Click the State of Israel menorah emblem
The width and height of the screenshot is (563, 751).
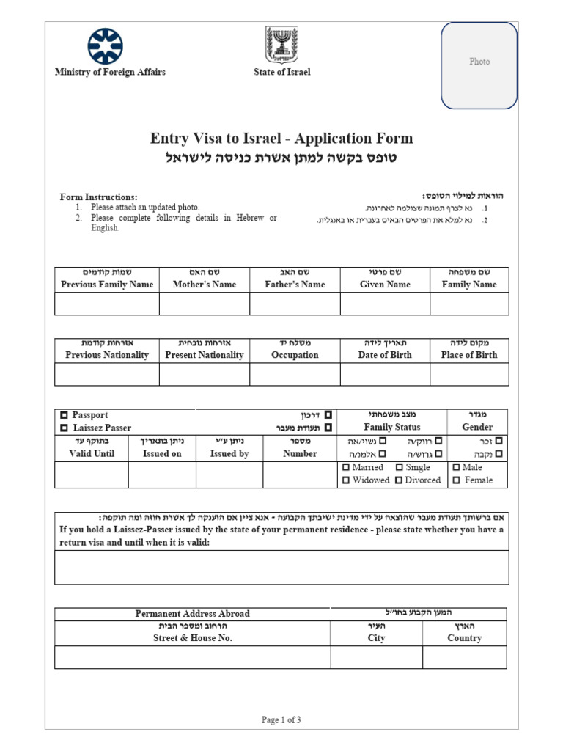281,45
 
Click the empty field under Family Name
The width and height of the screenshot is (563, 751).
469,304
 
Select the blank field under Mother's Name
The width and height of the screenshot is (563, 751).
204,304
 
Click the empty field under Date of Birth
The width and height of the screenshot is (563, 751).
385,374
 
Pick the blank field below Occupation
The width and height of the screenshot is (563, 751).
295,374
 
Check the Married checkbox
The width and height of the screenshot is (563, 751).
347,467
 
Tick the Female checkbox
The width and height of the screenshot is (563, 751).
457,480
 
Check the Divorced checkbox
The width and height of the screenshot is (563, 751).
400,480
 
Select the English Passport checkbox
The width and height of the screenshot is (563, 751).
65,415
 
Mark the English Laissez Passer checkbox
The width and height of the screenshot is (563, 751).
65,428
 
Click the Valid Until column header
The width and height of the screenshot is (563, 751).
92,453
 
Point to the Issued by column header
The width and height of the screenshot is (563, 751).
229,453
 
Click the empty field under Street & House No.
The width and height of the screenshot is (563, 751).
193,657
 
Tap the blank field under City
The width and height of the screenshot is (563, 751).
376,657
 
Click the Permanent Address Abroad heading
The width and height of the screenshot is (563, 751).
193,613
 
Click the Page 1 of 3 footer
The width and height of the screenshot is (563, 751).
281,720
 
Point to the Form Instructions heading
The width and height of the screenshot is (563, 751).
98,197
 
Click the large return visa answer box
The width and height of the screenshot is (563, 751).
281,567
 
